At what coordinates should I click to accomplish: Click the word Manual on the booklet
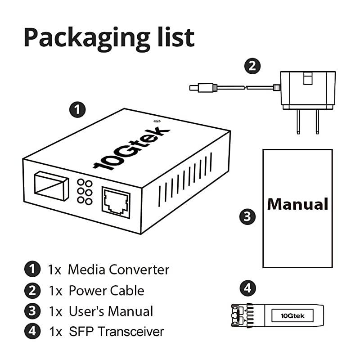click(297, 204)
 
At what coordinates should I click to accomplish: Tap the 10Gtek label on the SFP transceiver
click(288, 316)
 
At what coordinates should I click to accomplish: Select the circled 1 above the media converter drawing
click(77, 109)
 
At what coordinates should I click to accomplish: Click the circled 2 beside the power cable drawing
click(252, 66)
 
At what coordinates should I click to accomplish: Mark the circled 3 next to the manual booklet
click(247, 217)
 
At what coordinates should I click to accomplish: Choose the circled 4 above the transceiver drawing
click(247, 288)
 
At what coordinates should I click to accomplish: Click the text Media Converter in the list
click(119, 270)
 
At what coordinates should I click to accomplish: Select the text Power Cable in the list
click(106, 290)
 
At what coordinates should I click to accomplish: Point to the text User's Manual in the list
click(111, 311)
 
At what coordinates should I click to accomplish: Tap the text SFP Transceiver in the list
click(117, 332)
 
